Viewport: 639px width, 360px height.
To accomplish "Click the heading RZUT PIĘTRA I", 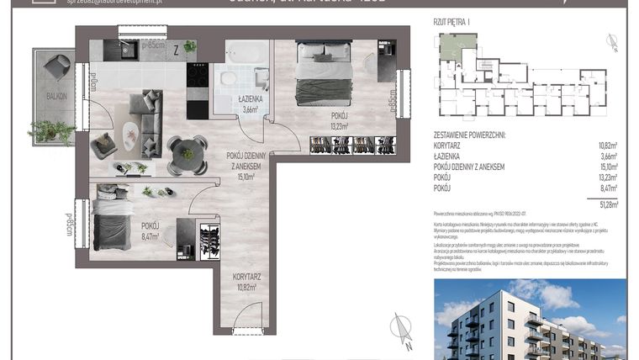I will click(452, 24).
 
